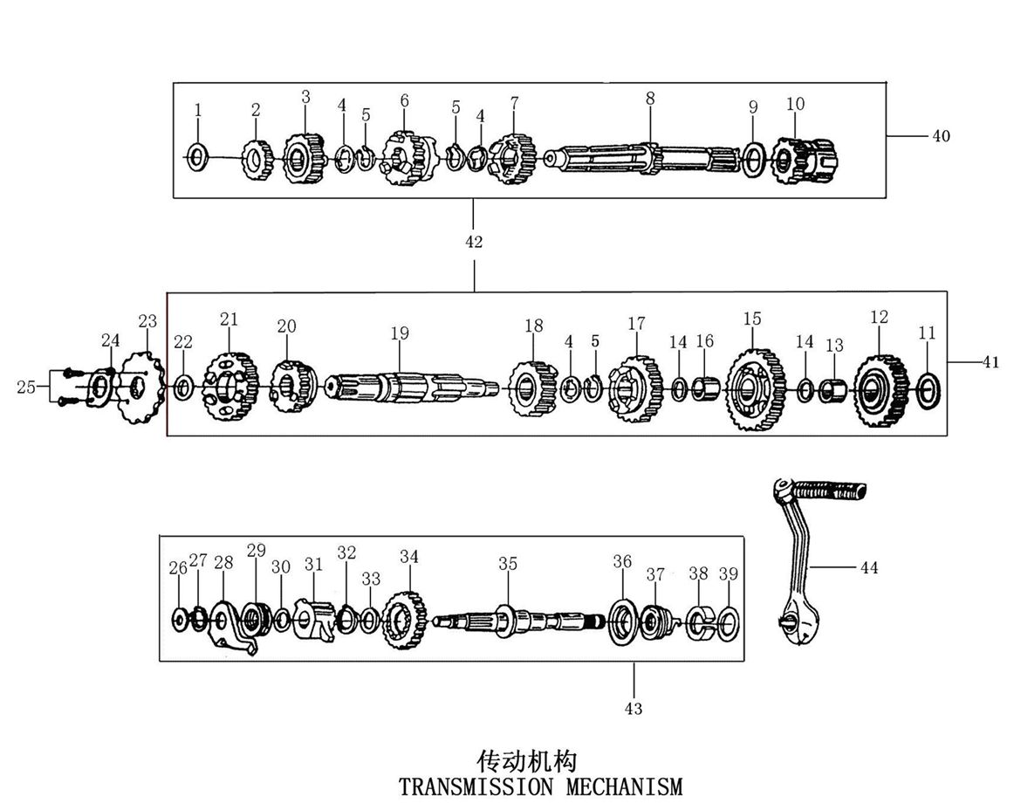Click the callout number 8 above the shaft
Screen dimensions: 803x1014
coord(650,99)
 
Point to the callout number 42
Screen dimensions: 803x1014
coord(473,242)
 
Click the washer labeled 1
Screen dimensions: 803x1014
coord(198,157)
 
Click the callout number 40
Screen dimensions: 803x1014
coord(941,135)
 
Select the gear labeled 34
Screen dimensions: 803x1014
coord(405,619)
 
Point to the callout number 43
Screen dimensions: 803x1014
coord(634,708)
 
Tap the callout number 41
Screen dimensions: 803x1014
coord(990,363)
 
